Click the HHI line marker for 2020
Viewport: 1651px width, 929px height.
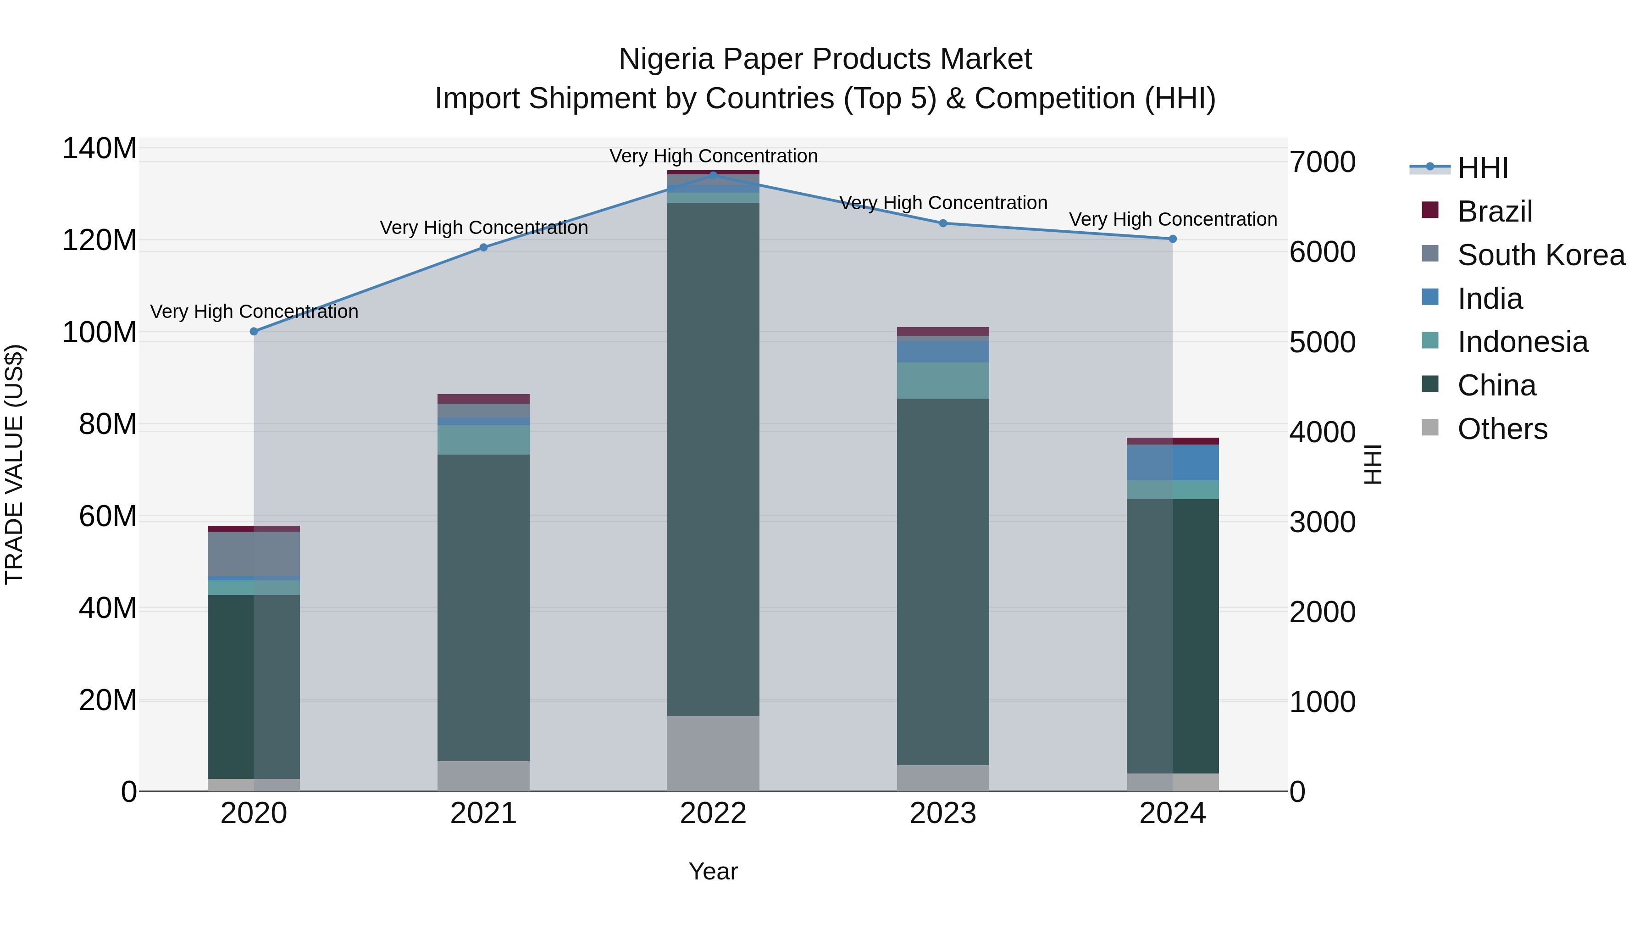[254, 332]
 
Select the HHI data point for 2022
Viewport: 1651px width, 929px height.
[713, 175]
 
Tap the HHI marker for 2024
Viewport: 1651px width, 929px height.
[1172, 239]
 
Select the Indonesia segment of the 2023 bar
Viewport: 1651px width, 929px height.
[943, 380]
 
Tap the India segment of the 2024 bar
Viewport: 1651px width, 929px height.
[1172, 462]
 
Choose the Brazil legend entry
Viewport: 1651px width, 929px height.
[1494, 211]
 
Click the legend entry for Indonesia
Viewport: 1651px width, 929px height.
[1522, 342]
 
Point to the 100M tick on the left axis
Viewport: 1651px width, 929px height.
[100, 333]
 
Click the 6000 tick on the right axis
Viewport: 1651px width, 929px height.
[1322, 252]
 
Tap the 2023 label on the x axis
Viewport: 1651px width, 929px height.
[943, 813]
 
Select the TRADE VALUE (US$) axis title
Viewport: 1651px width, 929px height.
[14, 464]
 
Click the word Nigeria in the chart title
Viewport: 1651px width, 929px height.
[666, 59]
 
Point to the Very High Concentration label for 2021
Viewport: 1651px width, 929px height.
[483, 228]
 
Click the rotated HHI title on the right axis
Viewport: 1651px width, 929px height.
[1373, 464]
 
